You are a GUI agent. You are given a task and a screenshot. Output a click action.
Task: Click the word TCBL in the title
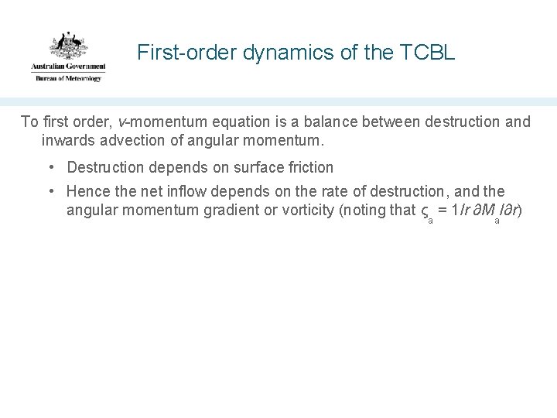tap(430, 53)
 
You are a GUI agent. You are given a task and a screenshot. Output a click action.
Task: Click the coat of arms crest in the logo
tap(67, 47)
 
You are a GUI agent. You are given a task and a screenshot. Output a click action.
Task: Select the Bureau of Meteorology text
tap(68, 78)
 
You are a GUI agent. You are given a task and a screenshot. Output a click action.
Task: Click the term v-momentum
tap(156, 122)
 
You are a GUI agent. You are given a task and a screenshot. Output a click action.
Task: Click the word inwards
tap(67, 142)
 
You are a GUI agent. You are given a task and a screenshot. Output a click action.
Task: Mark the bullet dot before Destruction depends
tap(50, 167)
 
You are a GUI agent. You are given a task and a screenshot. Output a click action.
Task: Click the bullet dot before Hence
tap(50, 191)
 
